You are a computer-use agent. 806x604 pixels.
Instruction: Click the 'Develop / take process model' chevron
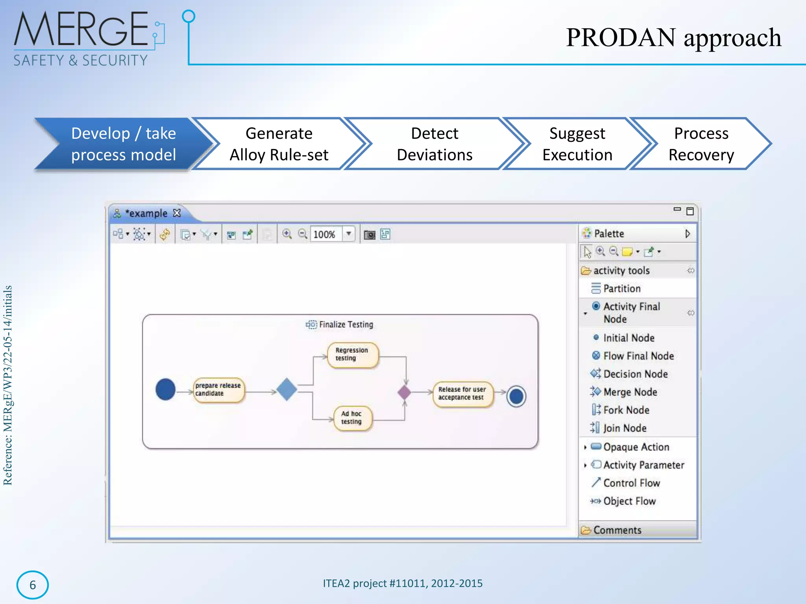pyautogui.click(x=123, y=144)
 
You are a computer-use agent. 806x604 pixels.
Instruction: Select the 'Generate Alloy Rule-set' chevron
pyautogui.click(x=279, y=144)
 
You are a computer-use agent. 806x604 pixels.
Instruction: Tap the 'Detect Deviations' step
pyautogui.click(x=434, y=144)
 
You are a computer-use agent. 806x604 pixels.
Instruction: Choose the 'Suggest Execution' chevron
pyautogui.click(x=577, y=144)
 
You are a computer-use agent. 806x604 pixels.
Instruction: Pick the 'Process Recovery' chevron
pyautogui.click(x=701, y=144)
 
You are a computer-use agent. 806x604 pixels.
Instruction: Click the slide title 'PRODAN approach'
pyautogui.click(x=673, y=38)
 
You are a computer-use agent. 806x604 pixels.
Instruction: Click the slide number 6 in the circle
pyautogui.click(x=33, y=585)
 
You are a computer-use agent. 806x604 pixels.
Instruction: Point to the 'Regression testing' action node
pyautogui.click(x=353, y=355)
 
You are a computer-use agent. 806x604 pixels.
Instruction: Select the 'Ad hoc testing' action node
pyautogui.click(x=352, y=418)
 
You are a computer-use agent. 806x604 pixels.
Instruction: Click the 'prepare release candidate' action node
pyautogui.click(x=218, y=390)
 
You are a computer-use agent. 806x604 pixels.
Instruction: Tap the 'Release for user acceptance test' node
pyautogui.click(x=462, y=394)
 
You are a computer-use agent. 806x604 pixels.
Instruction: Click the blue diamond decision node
pyautogui.click(x=287, y=389)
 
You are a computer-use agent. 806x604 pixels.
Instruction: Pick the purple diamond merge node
pyautogui.click(x=404, y=392)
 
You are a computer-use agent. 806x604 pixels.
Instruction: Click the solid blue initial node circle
pyautogui.click(x=165, y=389)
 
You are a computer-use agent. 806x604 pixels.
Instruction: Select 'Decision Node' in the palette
pyautogui.click(x=635, y=374)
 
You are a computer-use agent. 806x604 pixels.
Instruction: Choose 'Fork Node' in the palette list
pyautogui.click(x=626, y=410)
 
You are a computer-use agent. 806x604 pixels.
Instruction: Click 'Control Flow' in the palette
pyautogui.click(x=631, y=483)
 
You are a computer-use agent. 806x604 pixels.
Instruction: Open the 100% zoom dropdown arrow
pyautogui.click(x=349, y=234)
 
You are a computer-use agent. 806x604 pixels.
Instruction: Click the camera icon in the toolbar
pyautogui.click(x=369, y=235)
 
